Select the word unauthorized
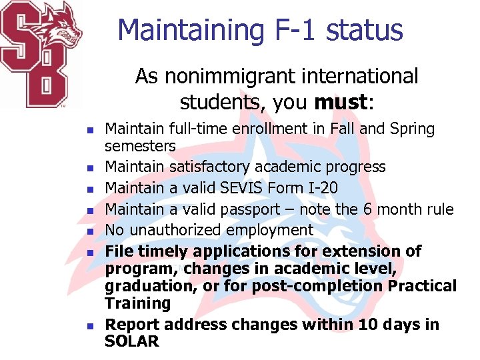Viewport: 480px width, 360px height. [177, 230]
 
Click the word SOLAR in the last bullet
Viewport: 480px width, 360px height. [132, 341]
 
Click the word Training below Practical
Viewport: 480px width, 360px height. [137, 303]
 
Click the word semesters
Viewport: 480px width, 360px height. [140, 145]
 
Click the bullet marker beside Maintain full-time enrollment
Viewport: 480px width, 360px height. [91, 129]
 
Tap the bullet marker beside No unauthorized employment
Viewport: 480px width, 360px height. [91, 231]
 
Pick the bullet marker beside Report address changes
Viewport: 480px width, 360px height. [91, 325]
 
